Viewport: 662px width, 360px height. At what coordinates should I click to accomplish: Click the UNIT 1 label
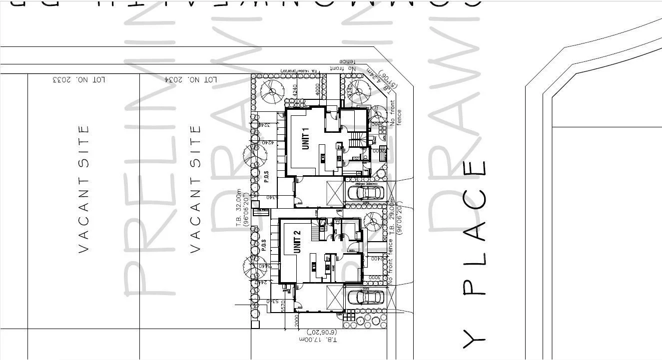pos(306,138)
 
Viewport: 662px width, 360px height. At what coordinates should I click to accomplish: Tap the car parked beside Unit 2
pos(366,297)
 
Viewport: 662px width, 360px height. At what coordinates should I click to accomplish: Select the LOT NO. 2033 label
pos(79,79)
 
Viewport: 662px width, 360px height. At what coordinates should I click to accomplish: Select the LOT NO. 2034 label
pos(191,79)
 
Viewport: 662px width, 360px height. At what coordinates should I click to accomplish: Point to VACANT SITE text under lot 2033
pos(84,189)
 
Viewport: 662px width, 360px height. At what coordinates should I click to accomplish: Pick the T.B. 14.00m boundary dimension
pos(304,71)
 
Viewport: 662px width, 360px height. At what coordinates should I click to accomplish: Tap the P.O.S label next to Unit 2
pos(264,245)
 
